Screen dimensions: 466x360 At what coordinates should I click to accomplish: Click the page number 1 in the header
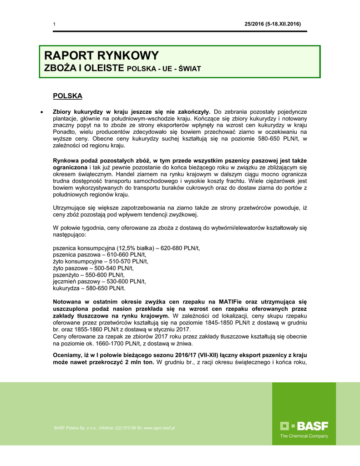pos(54,24)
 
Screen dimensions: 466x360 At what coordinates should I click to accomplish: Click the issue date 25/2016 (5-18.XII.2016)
pos(272,24)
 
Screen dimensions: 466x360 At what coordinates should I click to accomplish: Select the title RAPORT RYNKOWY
pos(101,56)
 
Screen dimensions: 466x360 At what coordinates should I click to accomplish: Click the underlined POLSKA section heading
pos(67,96)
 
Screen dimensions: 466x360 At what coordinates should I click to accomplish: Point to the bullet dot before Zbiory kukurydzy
pos(42,111)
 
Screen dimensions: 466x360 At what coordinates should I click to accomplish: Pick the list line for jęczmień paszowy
pos(99,282)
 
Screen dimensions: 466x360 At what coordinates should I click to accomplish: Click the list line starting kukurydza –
pos(89,288)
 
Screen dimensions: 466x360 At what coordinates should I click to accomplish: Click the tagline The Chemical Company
pos(304,436)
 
